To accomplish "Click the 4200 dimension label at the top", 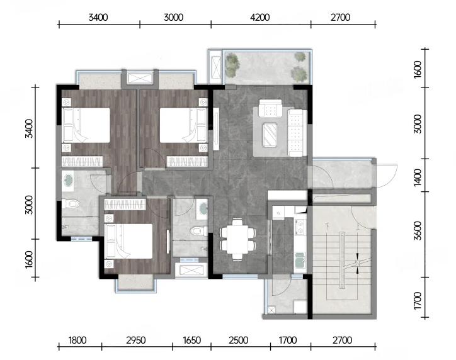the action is [259, 18].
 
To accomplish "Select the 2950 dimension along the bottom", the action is [135, 340].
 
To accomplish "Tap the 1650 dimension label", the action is [191, 340].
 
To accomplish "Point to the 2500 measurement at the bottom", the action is [239, 340].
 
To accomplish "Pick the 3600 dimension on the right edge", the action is [418, 231].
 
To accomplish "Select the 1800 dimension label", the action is [77, 340].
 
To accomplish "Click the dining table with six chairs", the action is [238, 239].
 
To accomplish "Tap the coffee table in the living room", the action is [270, 134].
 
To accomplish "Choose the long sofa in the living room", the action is [296, 133].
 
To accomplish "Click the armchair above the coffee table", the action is [270, 108].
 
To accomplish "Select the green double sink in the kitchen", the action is [300, 260].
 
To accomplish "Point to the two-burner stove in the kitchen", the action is [300, 227].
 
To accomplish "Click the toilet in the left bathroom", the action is [71, 203].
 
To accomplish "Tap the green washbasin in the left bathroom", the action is [69, 180].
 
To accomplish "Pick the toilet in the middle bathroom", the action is [199, 231].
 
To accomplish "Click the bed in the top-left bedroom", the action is [86, 125].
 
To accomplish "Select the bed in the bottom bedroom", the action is [129, 241].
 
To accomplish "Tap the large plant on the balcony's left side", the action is [232, 65].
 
